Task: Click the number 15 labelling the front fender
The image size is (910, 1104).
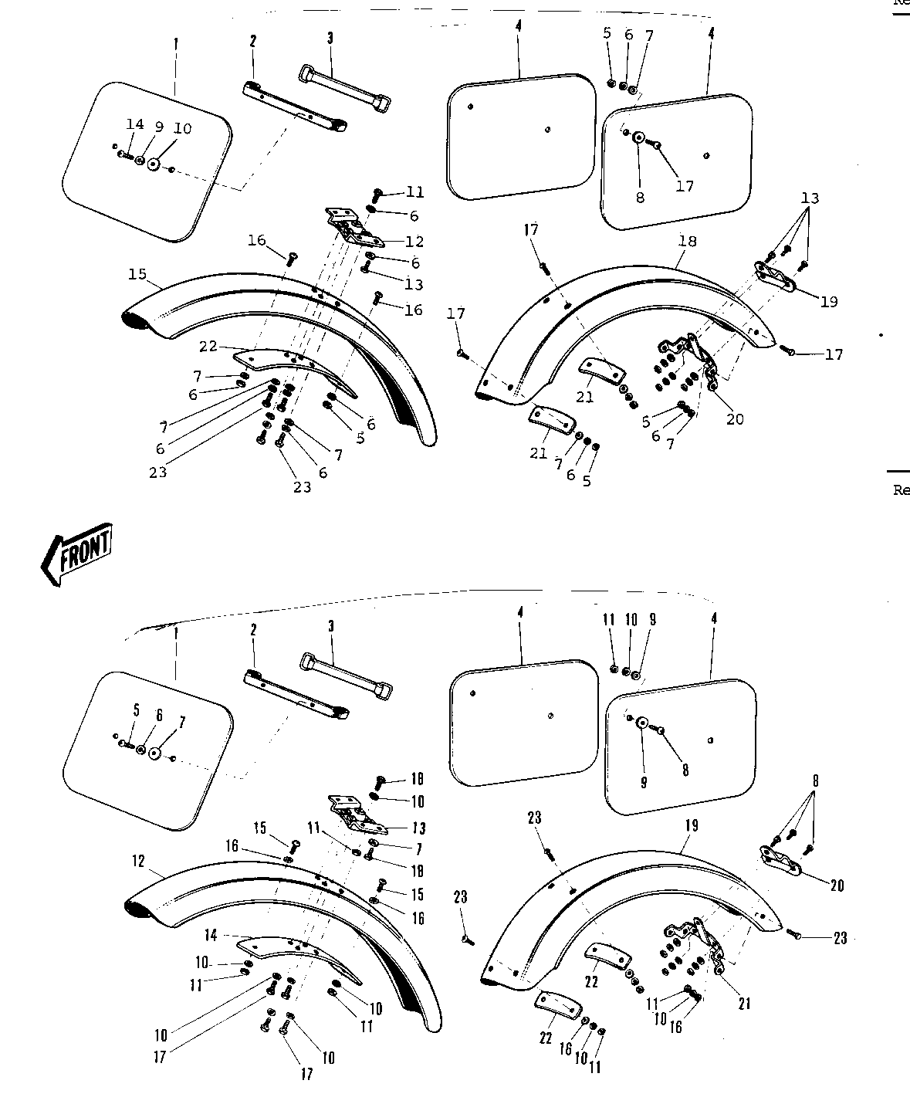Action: [x=138, y=273]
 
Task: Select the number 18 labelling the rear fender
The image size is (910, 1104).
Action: [x=687, y=241]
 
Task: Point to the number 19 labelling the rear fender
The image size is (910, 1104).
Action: [x=691, y=825]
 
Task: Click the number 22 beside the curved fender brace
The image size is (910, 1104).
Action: [x=208, y=347]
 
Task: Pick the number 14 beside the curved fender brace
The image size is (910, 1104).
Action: [x=211, y=935]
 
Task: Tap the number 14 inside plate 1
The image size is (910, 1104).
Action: [x=135, y=124]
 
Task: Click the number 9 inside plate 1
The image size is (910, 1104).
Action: [x=159, y=127]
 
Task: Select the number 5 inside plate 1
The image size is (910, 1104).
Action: [x=136, y=709]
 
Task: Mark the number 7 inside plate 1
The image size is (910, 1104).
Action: [x=182, y=723]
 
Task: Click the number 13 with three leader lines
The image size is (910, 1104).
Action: [x=809, y=198]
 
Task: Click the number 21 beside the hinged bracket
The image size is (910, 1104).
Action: [x=744, y=1004]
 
